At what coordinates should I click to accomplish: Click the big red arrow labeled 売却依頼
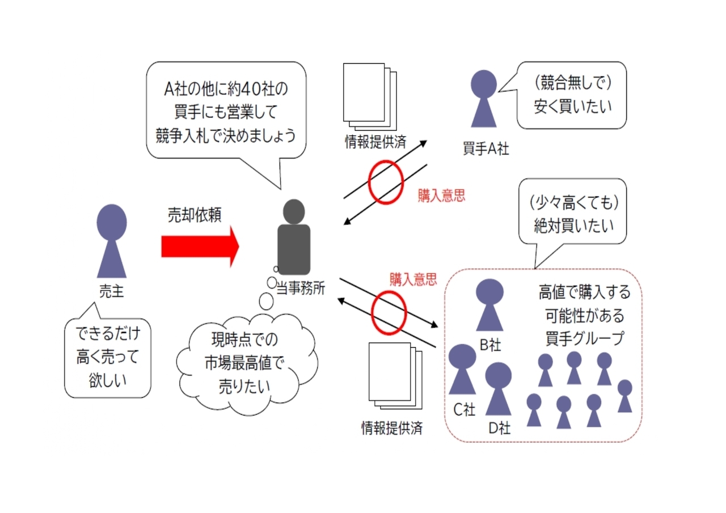[200, 247]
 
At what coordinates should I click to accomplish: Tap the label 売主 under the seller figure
[112, 291]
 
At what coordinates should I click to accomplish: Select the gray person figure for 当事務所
[294, 237]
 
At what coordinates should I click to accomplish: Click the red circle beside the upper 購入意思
[386, 183]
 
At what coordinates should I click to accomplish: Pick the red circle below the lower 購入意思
[389, 313]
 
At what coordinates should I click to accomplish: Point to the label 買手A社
[486, 149]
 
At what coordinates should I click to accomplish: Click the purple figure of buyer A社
[484, 99]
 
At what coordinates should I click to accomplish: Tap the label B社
[490, 345]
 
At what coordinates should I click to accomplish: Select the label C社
[464, 410]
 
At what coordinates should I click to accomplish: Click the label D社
[500, 428]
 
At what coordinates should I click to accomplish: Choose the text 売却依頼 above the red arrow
[195, 215]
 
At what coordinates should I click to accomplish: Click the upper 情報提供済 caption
[375, 142]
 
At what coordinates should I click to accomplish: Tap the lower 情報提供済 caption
[392, 428]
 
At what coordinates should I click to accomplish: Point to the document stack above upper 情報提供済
[370, 96]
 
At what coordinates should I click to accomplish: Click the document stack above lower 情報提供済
[395, 376]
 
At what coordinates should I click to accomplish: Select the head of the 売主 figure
[112, 222]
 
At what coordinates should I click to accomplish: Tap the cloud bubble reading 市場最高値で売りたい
[247, 364]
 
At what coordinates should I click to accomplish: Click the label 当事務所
[301, 288]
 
